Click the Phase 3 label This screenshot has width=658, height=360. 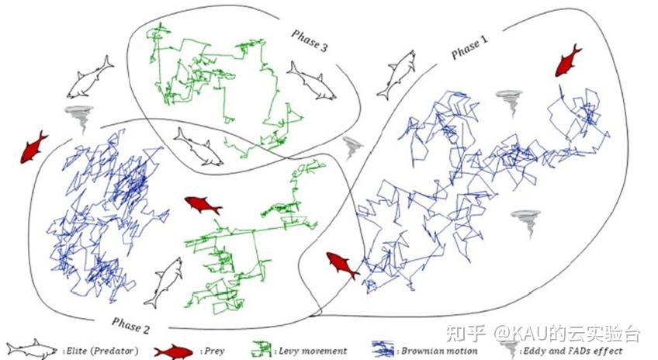[309, 39]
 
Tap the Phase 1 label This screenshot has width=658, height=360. [471, 49]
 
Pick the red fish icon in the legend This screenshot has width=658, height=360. [171, 350]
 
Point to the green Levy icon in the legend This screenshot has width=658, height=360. [261, 350]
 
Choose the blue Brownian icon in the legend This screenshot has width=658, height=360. [383, 350]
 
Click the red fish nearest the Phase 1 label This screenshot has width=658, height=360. [568, 60]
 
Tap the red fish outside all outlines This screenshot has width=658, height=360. [33, 147]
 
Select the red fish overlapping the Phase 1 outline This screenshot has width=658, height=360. [341, 265]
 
